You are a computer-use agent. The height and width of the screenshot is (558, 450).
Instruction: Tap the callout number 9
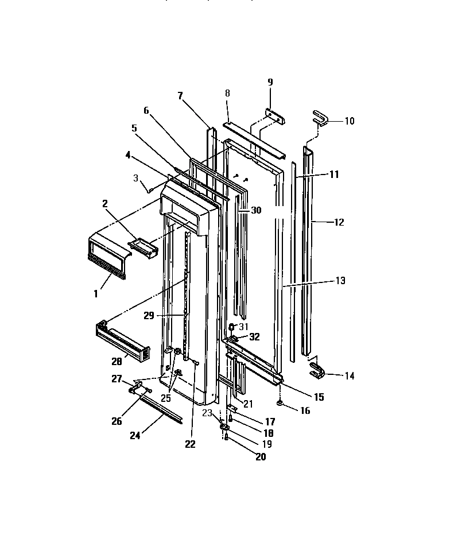(270, 82)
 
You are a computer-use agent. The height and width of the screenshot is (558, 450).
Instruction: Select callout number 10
(349, 121)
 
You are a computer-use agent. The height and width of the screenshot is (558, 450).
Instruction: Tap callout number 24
(134, 436)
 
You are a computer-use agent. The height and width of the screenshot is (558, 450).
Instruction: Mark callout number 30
(255, 211)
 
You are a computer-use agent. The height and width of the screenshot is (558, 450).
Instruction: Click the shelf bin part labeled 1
(107, 251)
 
